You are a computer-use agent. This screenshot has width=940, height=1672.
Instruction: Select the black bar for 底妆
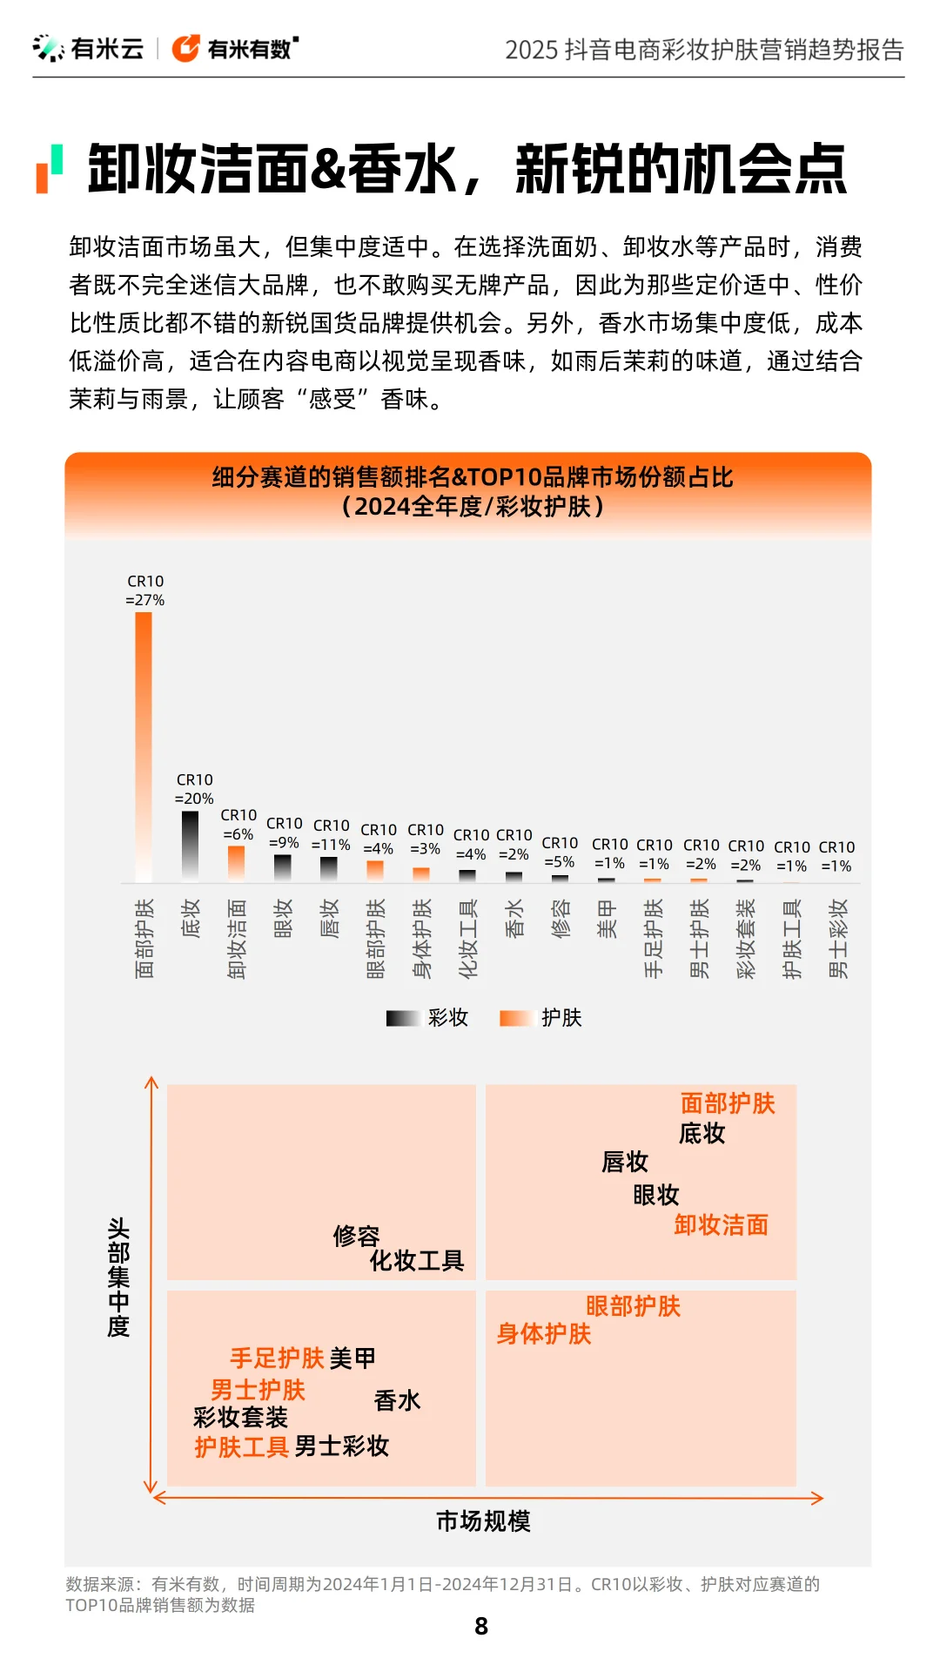pos(190,845)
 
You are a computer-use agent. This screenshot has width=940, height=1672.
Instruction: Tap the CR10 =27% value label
pos(145,590)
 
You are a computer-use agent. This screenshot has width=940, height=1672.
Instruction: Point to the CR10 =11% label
pos(331,835)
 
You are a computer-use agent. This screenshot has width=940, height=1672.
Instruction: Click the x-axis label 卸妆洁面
pos(237,939)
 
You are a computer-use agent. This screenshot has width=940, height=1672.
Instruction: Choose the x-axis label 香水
pos(514,918)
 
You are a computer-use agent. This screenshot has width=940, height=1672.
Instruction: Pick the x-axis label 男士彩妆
pos(837,939)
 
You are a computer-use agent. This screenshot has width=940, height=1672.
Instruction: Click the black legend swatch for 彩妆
pos(403,1018)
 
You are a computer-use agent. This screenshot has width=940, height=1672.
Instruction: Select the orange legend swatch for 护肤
pos(515,1018)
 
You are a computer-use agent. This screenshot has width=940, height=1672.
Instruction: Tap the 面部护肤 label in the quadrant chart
pos(727,1103)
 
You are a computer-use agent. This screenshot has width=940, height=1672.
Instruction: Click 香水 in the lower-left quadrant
pos(397,1400)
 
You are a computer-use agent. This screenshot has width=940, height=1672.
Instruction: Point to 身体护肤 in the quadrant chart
pos(543,1334)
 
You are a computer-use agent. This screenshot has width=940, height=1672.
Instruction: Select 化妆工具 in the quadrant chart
pos(416,1260)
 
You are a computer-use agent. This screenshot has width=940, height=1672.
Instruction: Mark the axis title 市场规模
pos(483,1521)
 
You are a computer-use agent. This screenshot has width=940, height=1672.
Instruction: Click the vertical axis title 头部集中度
pos(118,1277)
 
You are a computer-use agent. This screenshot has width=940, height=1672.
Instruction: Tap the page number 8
pos(481,1626)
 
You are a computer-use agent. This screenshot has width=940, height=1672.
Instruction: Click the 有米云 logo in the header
pos(88,49)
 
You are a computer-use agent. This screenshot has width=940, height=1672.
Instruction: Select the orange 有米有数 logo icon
pos(185,49)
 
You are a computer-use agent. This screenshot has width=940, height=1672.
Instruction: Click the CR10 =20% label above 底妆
pos(194,789)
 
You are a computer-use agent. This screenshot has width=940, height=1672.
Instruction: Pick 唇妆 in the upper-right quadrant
pos(625,1162)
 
